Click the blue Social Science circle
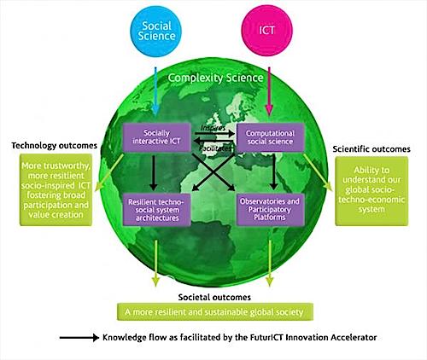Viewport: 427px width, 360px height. tap(155, 31)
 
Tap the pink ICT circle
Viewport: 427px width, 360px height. tap(266, 31)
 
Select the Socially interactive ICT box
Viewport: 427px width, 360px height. tap(156, 137)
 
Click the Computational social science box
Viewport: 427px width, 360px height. tap(270, 137)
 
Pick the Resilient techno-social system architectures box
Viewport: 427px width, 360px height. tap(156, 210)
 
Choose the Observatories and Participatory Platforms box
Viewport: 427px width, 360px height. tap(270, 210)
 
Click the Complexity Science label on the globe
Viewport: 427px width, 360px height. tap(215, 78)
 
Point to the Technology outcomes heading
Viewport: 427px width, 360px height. tap(55, 146)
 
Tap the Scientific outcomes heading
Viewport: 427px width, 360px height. tap(371, 149)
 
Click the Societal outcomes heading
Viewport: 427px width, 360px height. tap(214, 297)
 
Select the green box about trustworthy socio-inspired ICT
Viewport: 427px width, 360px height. tap(56, 190)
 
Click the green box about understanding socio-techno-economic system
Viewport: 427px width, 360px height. tap(371, 191)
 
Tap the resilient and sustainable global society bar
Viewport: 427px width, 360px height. tap(215, 312)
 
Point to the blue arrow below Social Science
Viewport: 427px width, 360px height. tap(155, 91)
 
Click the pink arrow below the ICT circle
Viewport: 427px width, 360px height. tap(269, 91)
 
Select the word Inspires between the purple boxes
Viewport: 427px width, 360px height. tap(213, 128)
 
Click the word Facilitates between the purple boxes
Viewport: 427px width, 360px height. tap(215, 148)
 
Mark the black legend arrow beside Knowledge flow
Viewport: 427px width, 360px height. tap(79, 338)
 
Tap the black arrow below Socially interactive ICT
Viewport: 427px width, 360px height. tap(154, 172)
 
